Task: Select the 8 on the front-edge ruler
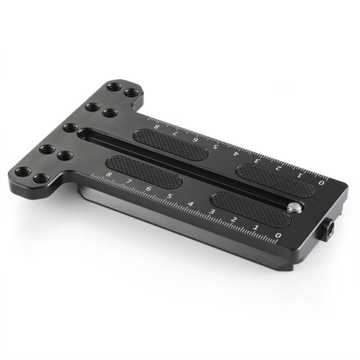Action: coord(109,175)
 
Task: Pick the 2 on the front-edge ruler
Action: coord(235,220)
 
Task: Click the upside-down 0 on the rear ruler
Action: coord(322,181)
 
